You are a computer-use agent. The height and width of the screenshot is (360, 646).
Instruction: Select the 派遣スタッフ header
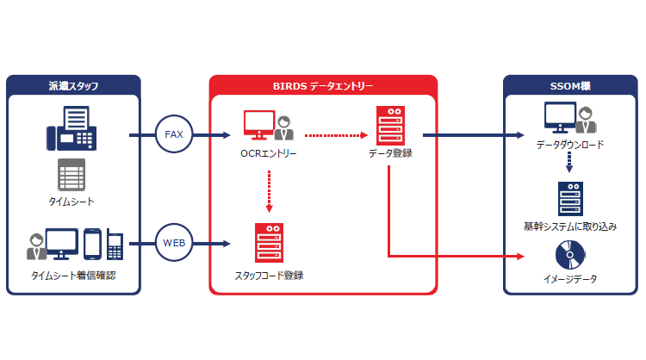(72, 85)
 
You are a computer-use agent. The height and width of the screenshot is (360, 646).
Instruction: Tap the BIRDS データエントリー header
(323, 85)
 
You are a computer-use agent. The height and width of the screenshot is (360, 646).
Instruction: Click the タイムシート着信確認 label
(72, 276)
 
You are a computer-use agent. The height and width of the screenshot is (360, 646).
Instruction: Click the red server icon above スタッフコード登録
(268, 243)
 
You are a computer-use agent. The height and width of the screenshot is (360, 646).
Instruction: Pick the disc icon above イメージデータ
(569, 255)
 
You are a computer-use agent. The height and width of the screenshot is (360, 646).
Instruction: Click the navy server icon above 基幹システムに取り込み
(569, 200)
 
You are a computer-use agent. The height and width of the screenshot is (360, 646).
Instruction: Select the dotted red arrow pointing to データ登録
(336, 135)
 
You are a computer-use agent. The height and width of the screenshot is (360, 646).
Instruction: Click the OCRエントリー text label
(269, 154)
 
